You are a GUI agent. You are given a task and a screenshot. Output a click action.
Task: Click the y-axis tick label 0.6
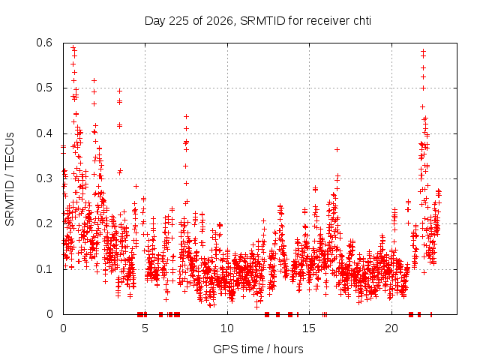pyautogui.click(x=44, y=43)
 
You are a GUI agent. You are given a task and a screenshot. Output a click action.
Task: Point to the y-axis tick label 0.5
pyautogui.click(x=44, y=88)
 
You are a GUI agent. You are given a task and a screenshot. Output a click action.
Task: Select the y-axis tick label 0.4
pyautogui.click(x=44, y=133)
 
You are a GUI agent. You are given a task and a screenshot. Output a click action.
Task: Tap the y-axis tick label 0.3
pyautogui.click(x=44, y=178)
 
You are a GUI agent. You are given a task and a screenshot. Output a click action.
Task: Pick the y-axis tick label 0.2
pyautogui.click(x=44, y=223)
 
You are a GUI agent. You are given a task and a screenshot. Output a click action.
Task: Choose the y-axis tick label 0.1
pyautogui.click(x=44, y=269)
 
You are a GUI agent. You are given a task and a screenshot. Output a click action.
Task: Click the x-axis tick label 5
pyautogui.click(x=145, y=328)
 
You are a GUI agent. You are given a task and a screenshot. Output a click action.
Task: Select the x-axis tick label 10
pyautogui.click(x=226, y=328)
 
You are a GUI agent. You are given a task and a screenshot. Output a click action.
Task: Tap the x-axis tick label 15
pyautogui.click(x=309, y=328)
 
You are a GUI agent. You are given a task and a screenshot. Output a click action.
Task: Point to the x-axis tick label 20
pyautogui.click(x=391, y=328)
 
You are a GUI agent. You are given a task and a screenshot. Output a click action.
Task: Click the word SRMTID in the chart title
pyautogui.click(x=262, y=21)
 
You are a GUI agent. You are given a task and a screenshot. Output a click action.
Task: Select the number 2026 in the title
pyautogui.click(x=220, y=21)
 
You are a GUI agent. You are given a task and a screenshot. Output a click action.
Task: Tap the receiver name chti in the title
pyautogui.click(x=362, y=21)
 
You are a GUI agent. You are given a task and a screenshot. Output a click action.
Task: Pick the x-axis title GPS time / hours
pyautogui.click(x=258, y=349)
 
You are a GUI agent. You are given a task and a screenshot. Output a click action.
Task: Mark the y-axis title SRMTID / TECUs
pyautogui.click(x=10, y=179)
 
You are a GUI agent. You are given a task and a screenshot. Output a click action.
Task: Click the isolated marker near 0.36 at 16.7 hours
pyautogui.click(x=337, y=149)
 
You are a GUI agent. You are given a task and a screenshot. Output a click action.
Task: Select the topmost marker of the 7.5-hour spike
pyautogui.click(x=186, y=117)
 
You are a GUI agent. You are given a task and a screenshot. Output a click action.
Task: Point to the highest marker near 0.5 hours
pyautogui.click(x=73, y=47)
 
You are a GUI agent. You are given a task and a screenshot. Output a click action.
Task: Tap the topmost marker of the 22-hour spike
pyautogui.click(x=423, y=52)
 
